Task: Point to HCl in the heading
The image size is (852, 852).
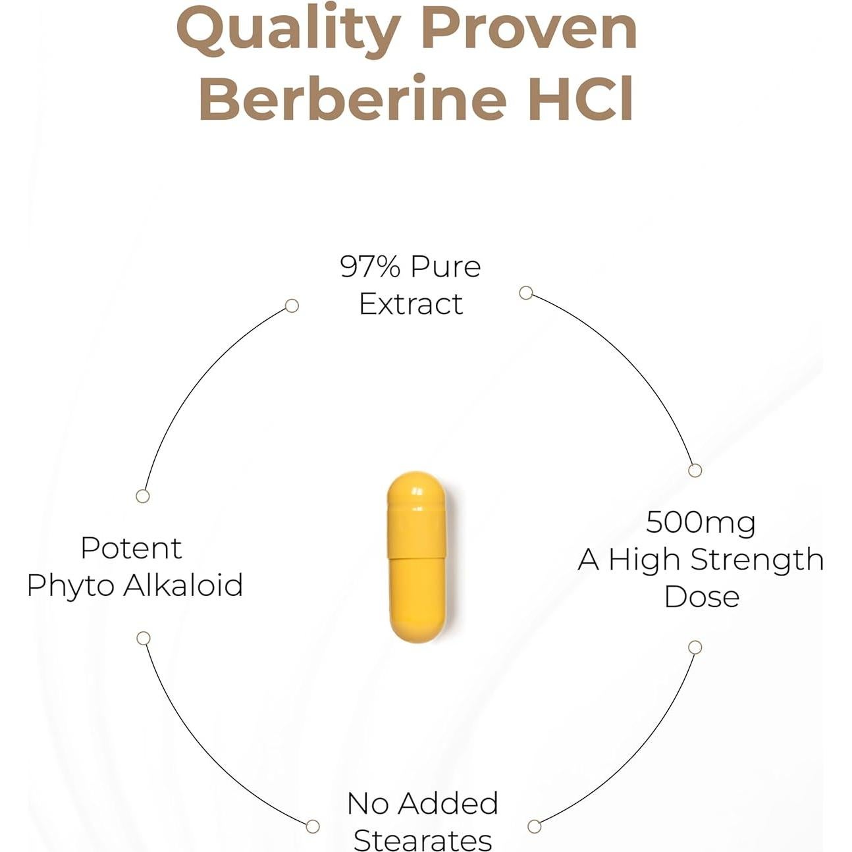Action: (x=581, y=99)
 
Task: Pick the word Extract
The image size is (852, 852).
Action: (x=411, y=304)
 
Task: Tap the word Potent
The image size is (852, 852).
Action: (x=131, y=548)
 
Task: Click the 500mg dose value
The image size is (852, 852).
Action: (x=701, y=522)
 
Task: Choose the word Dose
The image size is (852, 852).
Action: (x=702, y=597)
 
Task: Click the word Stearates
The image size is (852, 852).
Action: (x=423, y=839)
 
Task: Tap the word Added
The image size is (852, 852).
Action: (x=448, y=803)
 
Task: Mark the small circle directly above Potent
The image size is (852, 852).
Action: (x=142, y=496)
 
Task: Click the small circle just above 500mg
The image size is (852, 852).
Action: (x=695, y=470)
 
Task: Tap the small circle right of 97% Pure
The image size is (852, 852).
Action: (x=525, y=292)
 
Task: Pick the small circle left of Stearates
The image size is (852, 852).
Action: (x=313, y=826)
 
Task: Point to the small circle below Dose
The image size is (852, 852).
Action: (x=695, y=647)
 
